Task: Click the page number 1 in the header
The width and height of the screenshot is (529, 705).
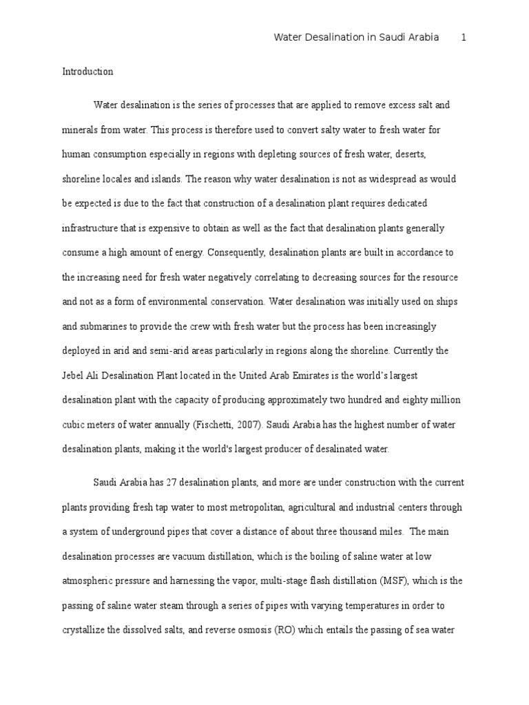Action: [x=464, y=38]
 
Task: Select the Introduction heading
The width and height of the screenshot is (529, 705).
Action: [x=87, y=72]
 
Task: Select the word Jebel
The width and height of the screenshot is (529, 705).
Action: [x=75, y=375]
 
